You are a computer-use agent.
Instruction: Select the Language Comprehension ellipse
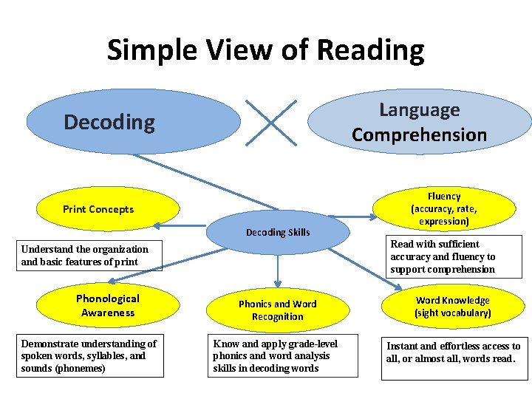point(419,122)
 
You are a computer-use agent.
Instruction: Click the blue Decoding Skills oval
point(278,232)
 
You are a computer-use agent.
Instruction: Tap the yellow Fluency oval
point(444,209)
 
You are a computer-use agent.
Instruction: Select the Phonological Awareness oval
point(108,305)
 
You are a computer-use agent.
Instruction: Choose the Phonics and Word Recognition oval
point(277,310)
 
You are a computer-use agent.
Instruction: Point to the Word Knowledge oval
point(452,307)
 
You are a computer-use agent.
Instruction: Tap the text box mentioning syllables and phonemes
point(90,355)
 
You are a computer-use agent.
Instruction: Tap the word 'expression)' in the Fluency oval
point(444,221)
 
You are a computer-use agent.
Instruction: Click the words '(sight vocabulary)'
point(452,313)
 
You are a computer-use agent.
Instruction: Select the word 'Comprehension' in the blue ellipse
point(419,134)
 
